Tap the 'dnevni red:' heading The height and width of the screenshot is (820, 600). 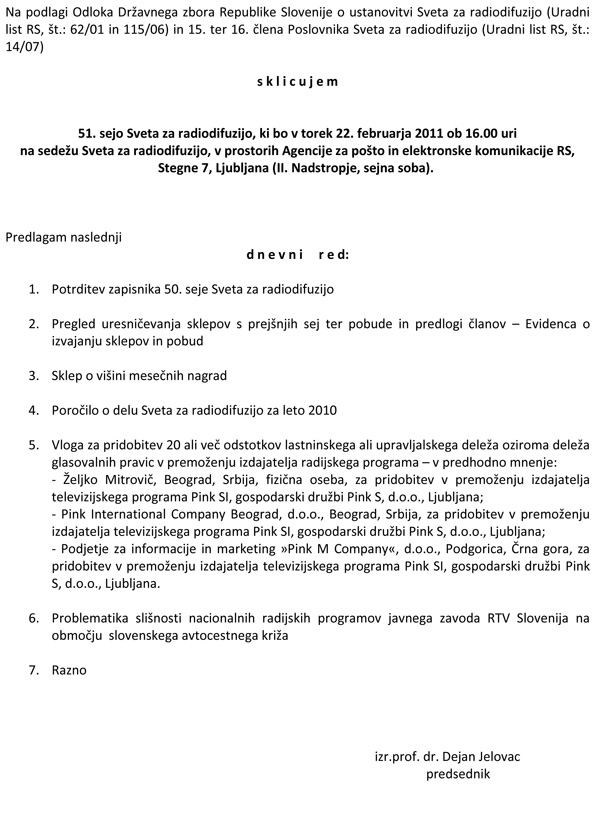click(298, 255)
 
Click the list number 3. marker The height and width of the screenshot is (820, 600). click(35, 375)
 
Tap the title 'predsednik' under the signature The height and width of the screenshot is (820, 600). click(459, 774)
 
